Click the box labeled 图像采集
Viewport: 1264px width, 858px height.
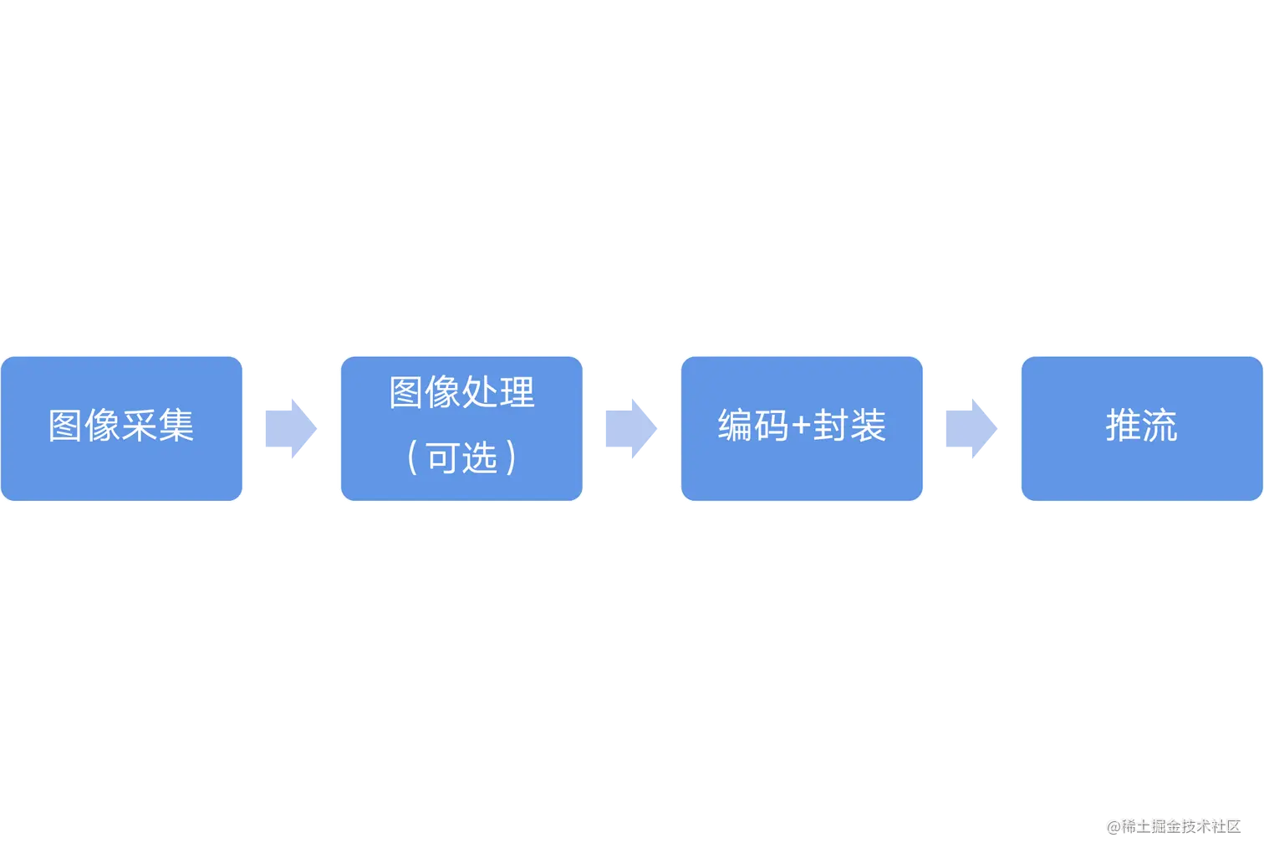coord(122,428)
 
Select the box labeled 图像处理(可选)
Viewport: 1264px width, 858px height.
coord(461,428)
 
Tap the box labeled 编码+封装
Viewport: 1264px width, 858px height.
coord(802,428)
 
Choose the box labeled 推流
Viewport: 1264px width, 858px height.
coord(1141,428)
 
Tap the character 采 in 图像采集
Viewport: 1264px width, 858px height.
coord(140,426)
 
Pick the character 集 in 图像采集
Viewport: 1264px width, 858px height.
coord(176,426)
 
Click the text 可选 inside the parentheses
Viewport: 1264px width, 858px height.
coord(462,458)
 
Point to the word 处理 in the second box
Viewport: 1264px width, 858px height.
coord(499,392)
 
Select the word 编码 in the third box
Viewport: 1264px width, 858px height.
coord(753,426)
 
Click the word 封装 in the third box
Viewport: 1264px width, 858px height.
coord(849,426)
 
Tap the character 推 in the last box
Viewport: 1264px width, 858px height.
coord(1123,426)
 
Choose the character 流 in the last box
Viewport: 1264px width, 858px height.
coord(1160,426)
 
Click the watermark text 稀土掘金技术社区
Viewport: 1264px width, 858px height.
coord(1180,825)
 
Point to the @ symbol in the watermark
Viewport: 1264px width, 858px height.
coord(1112,825)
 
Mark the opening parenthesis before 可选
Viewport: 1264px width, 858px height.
coord(412,458)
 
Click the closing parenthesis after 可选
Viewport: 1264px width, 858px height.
coord(512,458)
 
